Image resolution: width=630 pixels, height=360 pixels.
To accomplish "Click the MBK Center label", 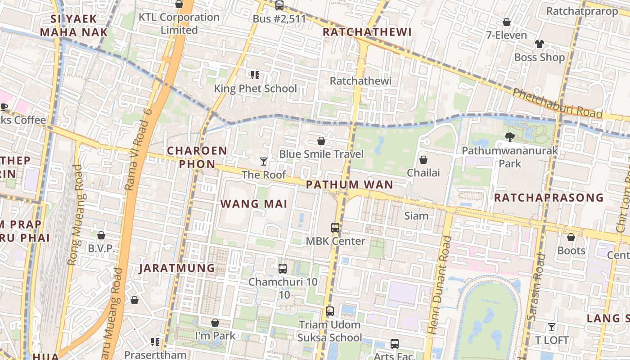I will (x=335, y=241).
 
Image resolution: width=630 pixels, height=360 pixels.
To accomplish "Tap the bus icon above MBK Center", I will (x=335, y=228).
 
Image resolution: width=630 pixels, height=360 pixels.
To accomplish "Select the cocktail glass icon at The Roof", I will (x=264, y=161).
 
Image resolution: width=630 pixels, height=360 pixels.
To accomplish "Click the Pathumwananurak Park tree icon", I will (x=510, y=137).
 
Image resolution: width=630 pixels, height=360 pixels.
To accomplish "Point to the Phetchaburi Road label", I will (x=557, y=103).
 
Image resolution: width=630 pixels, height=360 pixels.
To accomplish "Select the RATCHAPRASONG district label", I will (x=549, y=198).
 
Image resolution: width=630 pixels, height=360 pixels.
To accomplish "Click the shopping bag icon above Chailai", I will (x=423, y=159).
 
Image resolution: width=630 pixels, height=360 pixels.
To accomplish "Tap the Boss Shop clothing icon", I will (x=539, y=44).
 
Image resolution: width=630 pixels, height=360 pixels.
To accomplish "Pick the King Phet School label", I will (x=255, y=89).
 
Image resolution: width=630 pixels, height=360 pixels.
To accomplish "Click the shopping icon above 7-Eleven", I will (x=506, y=22).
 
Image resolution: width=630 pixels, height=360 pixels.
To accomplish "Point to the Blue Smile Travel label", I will (x=321, y=154).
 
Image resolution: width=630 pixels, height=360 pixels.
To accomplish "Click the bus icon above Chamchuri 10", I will (x=283, y=269).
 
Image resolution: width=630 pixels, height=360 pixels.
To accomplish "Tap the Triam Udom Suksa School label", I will (x=330, y=331).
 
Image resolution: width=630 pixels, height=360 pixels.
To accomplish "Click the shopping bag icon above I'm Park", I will (x=215, y=323).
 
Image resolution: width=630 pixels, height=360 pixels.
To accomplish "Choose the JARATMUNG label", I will (x=177, y=268).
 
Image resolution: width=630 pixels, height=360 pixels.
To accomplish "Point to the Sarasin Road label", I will (x=536, y=288).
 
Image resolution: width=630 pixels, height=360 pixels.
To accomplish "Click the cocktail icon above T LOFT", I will (x=551, y=327).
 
